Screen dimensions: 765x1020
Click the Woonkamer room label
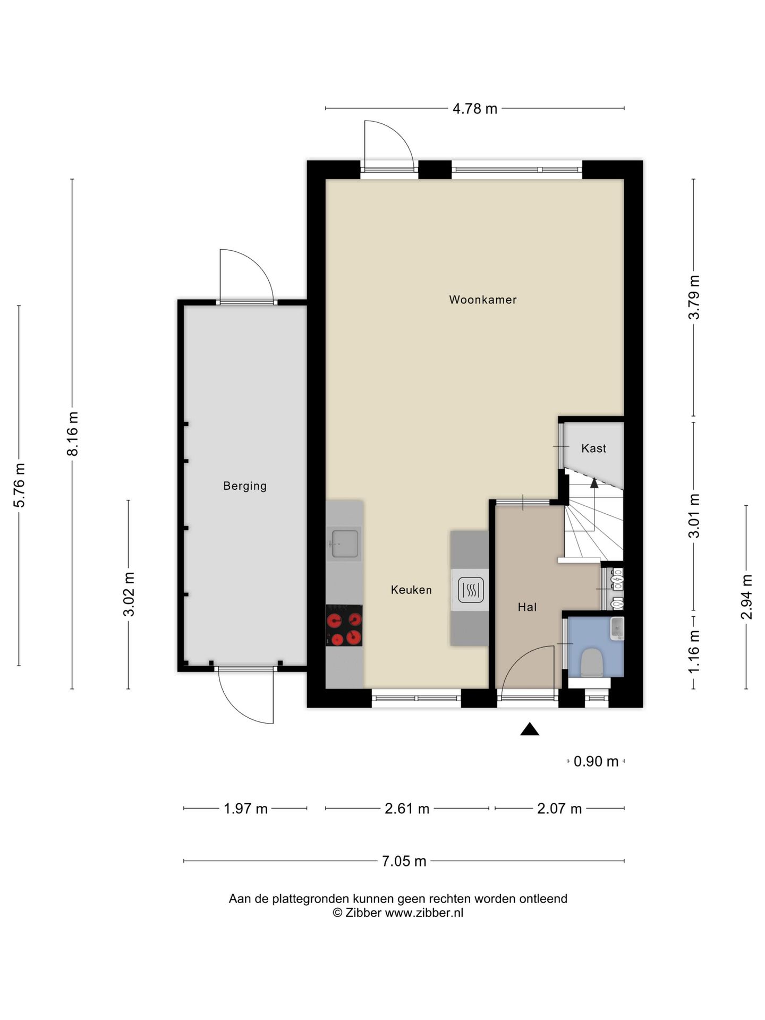(482, 300)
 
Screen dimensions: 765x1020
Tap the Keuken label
(411, 590)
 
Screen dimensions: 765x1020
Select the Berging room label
(245, 486)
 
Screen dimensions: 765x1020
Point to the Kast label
(593, 448)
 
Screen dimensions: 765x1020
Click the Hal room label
(527, 607)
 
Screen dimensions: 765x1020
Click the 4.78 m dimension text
(475, 109)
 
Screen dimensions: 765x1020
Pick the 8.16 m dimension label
(72, 434)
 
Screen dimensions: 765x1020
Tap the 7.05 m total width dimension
(404, 861)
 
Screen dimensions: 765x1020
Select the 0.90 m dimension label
(596, 761)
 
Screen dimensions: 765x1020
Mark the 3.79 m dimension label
(694, 297)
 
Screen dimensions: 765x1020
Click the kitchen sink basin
(345, 543)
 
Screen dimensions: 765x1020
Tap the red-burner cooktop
(344, 625)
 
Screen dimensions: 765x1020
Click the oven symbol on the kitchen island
(470, 590)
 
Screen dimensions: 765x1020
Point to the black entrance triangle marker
(530, 729)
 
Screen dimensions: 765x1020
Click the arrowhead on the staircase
(594, 483)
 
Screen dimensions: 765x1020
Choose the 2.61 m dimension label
(407, 809)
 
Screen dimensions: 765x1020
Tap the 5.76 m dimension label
(19, 486)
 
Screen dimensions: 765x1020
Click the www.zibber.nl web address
(424, 913)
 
